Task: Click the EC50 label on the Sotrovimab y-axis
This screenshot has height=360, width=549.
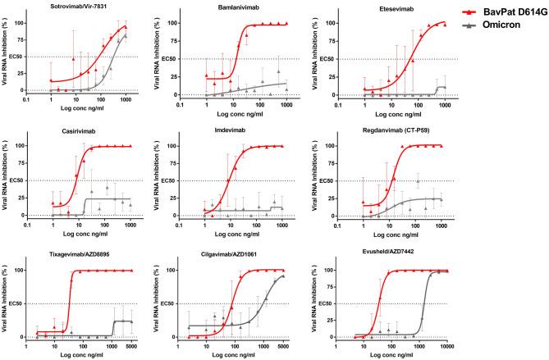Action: click(24, 57)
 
